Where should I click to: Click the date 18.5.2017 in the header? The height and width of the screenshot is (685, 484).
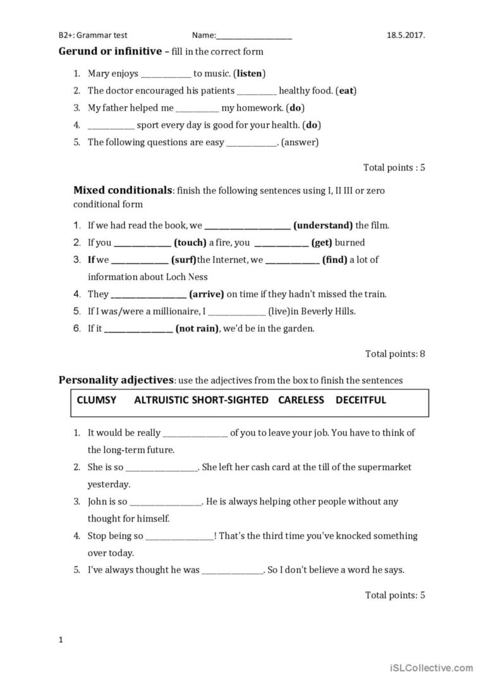(406, 36)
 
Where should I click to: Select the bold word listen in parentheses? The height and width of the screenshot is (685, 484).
(250, 73)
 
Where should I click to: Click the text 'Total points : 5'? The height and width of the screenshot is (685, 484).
(394, 167)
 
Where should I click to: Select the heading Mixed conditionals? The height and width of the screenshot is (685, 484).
(123, 190)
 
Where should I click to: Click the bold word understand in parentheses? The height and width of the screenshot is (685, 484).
(324, 225)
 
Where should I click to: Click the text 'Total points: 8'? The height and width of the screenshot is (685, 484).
(395, 354)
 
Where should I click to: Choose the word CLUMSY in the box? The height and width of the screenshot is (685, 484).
(96, 400)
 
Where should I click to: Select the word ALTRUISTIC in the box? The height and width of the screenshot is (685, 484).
(161, 400)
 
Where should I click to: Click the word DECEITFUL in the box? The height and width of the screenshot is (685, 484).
(361, 400)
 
